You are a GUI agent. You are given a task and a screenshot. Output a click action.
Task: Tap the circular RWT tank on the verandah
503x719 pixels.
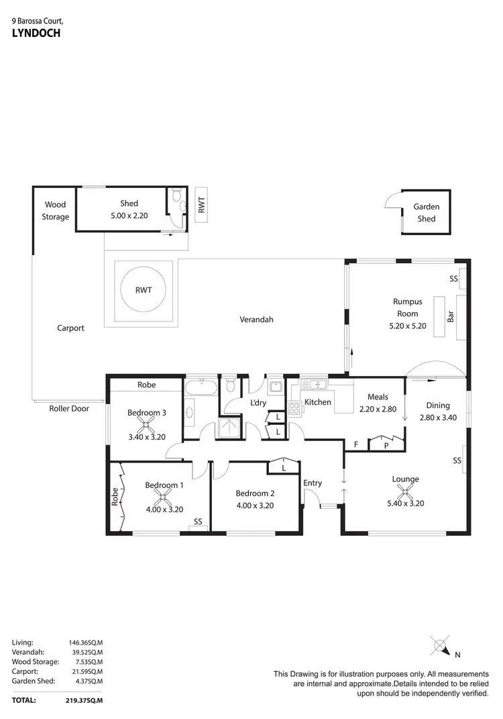tap(144, 291)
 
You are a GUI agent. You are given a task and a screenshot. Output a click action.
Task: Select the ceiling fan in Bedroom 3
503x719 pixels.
tap(146, 424)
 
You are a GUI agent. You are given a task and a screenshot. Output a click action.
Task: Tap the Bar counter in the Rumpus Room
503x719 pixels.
tap(441, 316)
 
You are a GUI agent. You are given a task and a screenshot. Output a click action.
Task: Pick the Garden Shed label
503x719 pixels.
tap(426, 213)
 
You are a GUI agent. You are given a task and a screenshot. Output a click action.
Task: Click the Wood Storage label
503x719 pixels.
tap(56, 211)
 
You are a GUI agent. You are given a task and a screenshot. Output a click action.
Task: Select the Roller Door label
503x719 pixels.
tap(69, 408)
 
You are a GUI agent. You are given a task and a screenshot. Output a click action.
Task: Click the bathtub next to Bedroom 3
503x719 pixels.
tap(201, 387)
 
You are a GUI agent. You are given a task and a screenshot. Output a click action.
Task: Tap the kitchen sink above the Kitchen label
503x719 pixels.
tap(315, 385)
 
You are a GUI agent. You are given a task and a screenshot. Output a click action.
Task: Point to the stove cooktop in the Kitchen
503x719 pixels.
tap(294, 408)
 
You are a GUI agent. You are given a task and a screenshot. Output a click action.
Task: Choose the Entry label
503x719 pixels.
tap(313, 483)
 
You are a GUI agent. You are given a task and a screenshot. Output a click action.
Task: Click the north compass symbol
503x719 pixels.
tap(441, 648)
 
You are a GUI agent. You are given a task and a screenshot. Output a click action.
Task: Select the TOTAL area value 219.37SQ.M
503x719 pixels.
tap(84, 700)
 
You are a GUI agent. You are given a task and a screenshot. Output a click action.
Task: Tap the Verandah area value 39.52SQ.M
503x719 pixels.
tap(85, 651)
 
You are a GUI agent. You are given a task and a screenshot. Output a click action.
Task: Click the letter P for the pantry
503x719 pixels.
tap(386, 444)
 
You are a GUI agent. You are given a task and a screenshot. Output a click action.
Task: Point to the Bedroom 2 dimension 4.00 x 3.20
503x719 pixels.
tap(256, 506)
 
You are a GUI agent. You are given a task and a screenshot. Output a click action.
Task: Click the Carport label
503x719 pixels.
tap(70, 328)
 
